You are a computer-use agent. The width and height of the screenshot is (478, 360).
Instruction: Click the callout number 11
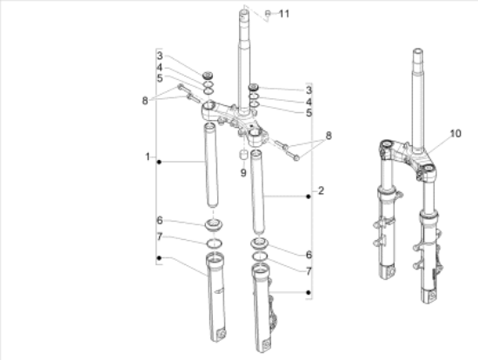click(284, 14)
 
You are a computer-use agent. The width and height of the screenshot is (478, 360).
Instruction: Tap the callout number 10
click(455, 133)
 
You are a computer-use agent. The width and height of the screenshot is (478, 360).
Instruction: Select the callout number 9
click(243, 173)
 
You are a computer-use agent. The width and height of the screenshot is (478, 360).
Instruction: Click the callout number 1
click(148, 157)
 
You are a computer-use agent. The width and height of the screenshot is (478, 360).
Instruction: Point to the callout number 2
click(321, 190)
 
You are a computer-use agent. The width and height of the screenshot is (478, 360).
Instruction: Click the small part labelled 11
click(268, 13)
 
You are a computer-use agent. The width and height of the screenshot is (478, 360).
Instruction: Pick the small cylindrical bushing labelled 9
click(243, 155)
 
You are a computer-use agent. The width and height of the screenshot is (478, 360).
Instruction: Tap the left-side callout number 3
click(160, 56)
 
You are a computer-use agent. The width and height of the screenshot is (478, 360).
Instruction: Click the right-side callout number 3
click(309, 90)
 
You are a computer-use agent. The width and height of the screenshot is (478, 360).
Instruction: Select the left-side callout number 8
click(145, 100)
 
